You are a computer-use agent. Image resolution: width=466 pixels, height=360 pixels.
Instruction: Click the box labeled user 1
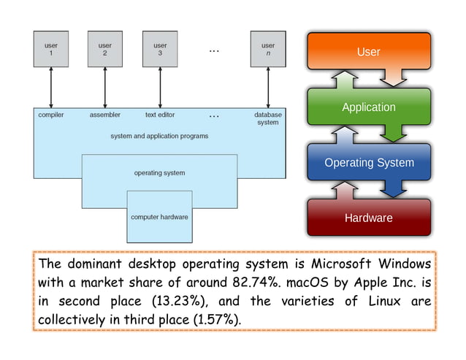51,49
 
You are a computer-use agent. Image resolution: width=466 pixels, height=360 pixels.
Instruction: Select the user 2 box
105,49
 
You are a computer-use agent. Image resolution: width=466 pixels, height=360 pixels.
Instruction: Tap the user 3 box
160,49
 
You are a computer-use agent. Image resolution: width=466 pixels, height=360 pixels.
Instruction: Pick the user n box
268,49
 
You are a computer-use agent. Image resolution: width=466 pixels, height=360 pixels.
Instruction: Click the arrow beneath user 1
51,88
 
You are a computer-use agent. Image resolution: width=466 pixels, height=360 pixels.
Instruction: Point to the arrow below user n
268,88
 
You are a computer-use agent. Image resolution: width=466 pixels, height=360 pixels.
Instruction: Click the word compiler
50,115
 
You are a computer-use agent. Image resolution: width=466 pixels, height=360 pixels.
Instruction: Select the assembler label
104,115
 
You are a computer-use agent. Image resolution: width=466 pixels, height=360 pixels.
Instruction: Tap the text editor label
160,115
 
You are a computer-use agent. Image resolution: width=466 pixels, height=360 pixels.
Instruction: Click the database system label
267,118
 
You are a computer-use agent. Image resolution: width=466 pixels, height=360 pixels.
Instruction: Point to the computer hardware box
159,217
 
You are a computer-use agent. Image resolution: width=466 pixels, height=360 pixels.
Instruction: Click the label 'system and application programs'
159,136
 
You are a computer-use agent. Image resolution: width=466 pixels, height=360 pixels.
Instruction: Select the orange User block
368,52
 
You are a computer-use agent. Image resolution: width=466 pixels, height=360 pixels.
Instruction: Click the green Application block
368,107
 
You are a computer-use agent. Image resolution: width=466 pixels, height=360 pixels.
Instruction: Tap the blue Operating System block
368,163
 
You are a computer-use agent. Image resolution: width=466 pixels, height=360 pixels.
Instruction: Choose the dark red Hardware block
368,218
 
